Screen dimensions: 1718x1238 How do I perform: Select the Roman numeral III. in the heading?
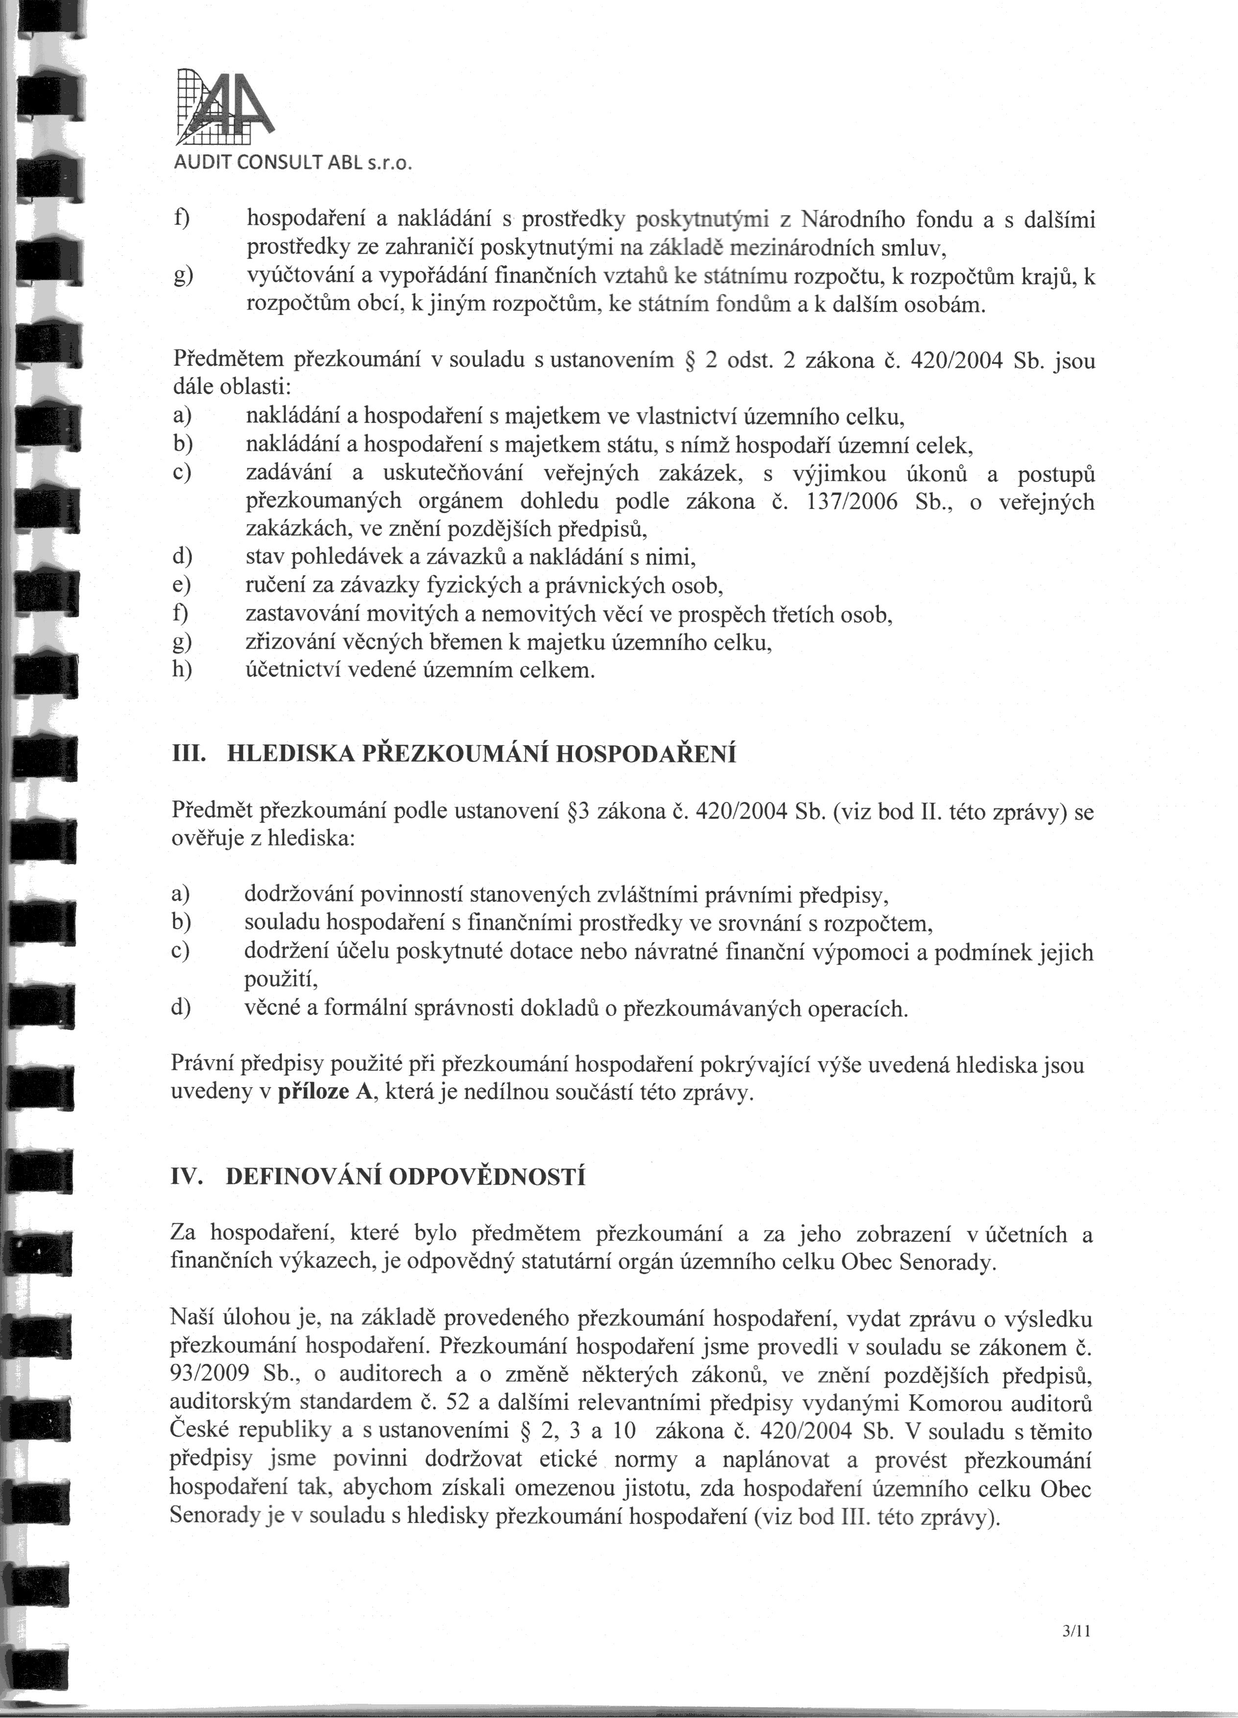coord(190,754)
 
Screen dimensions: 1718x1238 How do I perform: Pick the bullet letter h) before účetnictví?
coord(183,670)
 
